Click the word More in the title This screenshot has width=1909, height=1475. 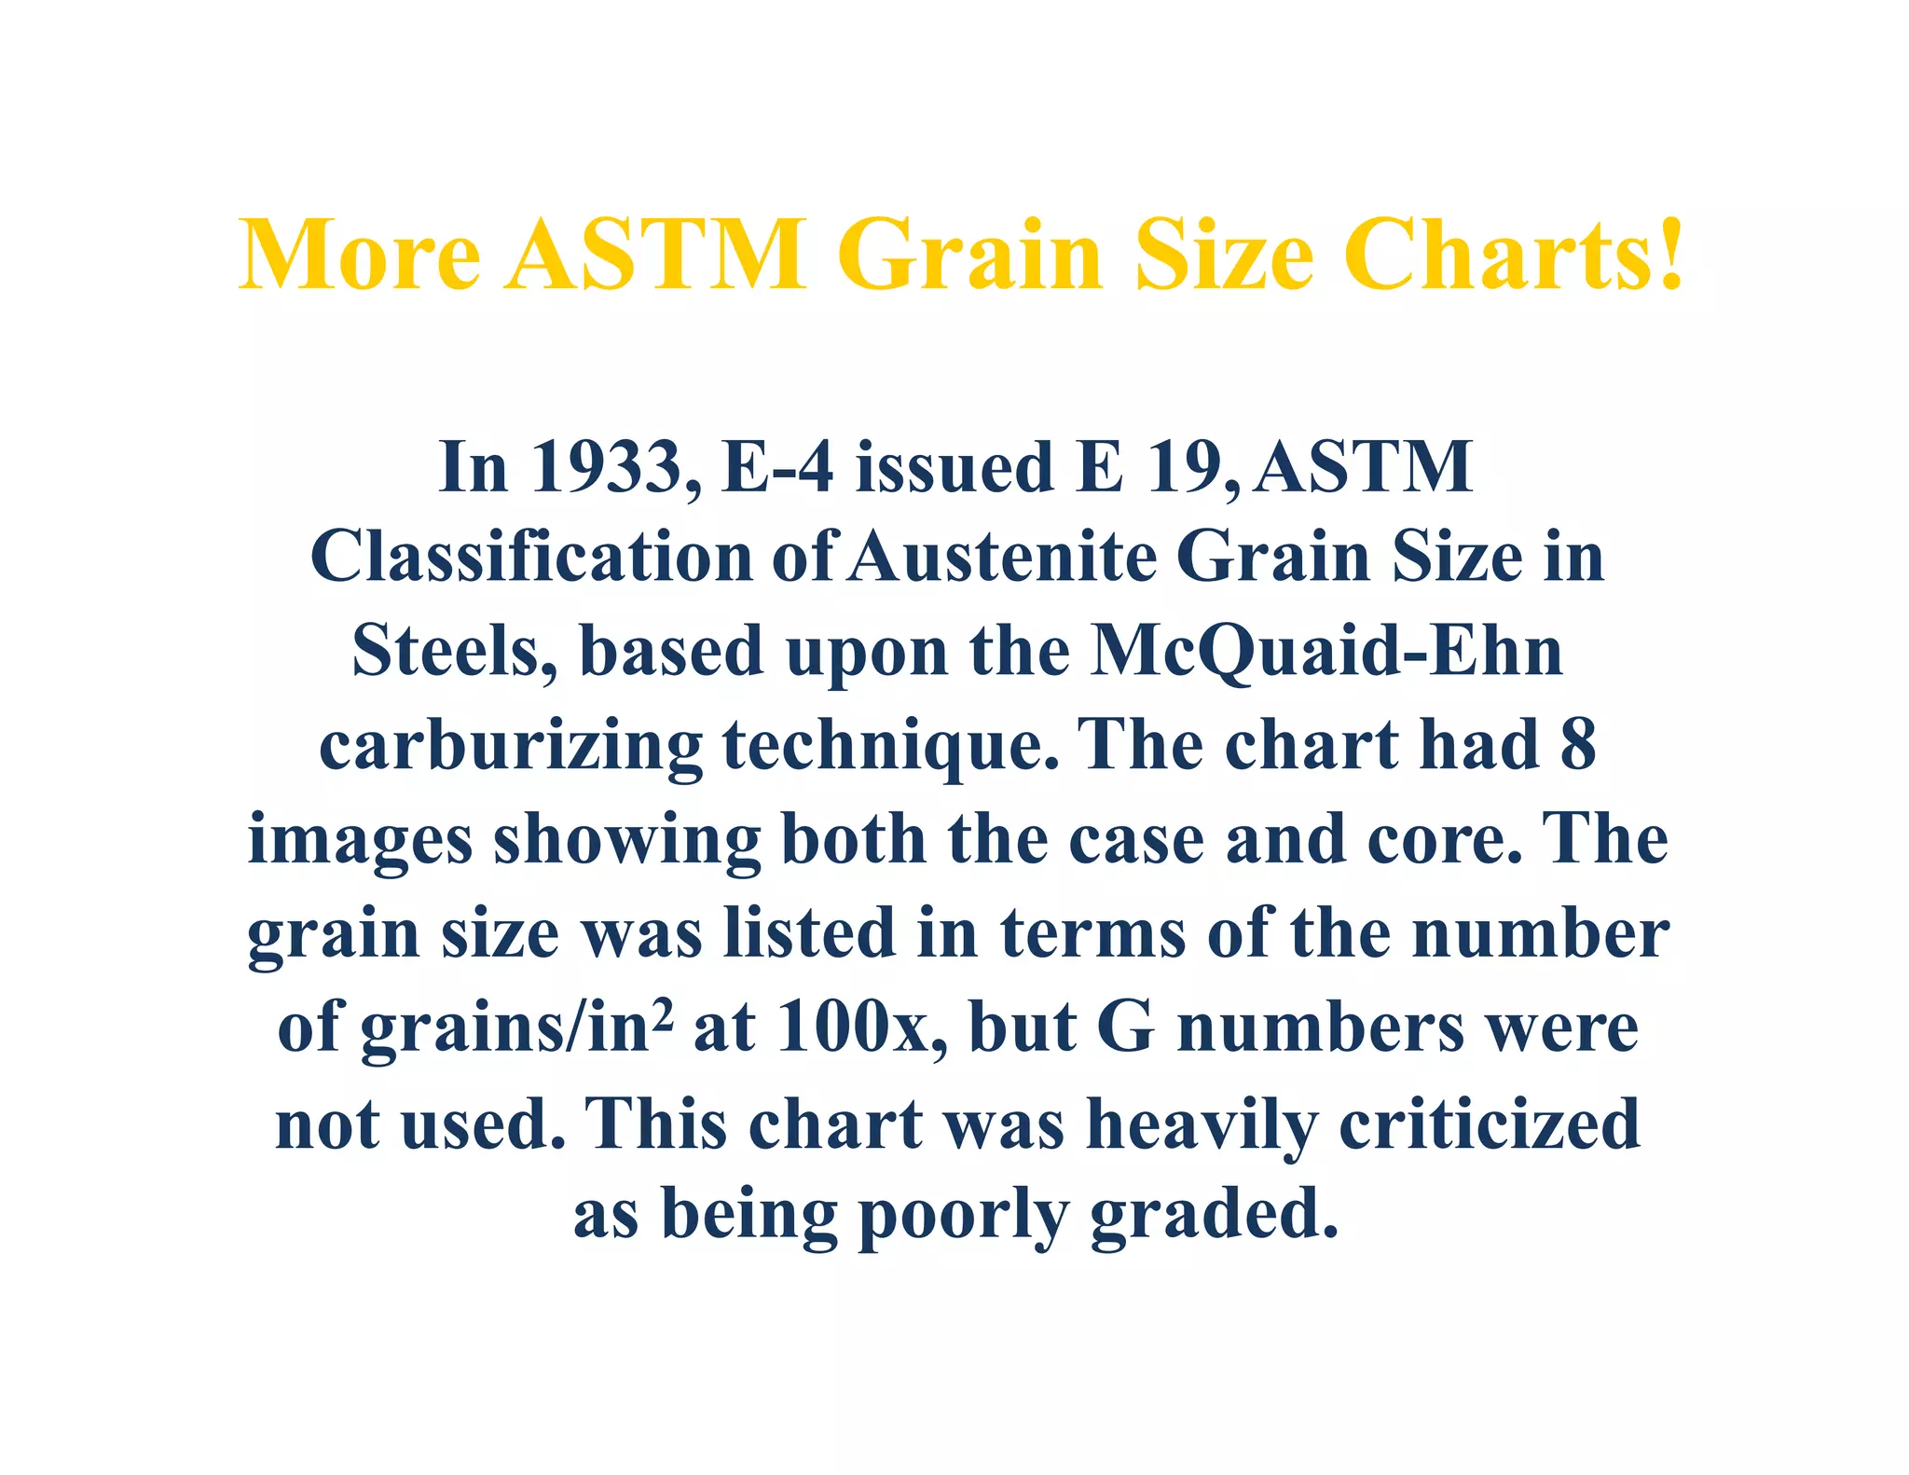pos(360,255)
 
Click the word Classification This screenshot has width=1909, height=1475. pos(531,557)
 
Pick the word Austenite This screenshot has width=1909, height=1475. pos(1003,557)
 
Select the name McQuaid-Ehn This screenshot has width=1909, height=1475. pos(1326,651)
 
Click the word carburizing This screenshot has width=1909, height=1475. pos(510,746)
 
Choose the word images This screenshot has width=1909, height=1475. pos(360,839)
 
